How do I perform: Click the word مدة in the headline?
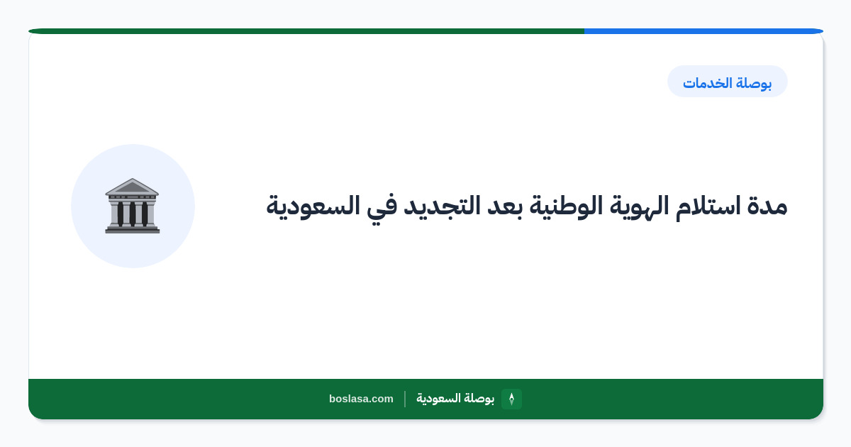pyautogui.click(x=767, y=206)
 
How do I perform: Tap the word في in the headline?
pyautogui.click(x=381, y=208)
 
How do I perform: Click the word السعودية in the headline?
pyautogui.click(x=313, y=207)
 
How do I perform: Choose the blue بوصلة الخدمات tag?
pyautogui.click(x=727, y=82)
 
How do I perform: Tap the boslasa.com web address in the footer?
pyautogui.click(x=361, y=399)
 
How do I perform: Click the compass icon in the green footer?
pyautogui.click(x=511, y=399)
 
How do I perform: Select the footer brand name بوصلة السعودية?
pyautogui.click(x=455, y=399)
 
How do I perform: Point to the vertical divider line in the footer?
pyautogui.click(x=405, y=399)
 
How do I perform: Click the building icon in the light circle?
pyautogui.click(x=132, y=206)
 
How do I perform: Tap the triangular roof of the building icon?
pyautogui.click(x=132, y=186)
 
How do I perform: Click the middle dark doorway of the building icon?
pyautogui.click(x=132, y=214)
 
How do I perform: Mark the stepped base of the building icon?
pyautogui.click(x=132, y=229)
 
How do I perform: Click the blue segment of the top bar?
pyautogui.click(x=703, y=31)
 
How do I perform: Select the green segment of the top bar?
pyautogui.click(x=306, y=31)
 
